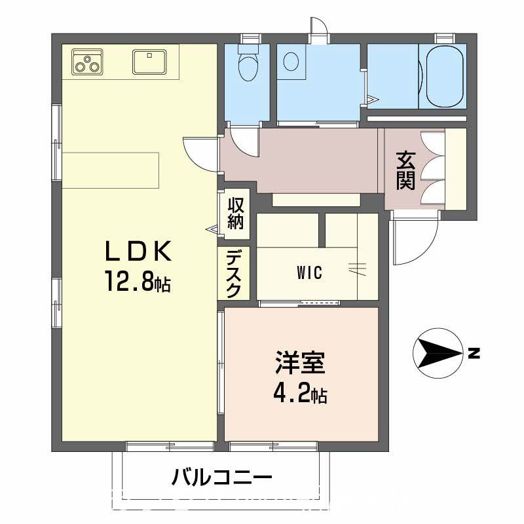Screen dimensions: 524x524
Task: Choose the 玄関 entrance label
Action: [x=405, y=170]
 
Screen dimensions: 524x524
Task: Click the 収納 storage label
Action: [x=235, y=213]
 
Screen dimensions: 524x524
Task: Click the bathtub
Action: [x=446, y=78]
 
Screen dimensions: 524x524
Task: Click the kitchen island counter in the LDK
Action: [x=111, y=169]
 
